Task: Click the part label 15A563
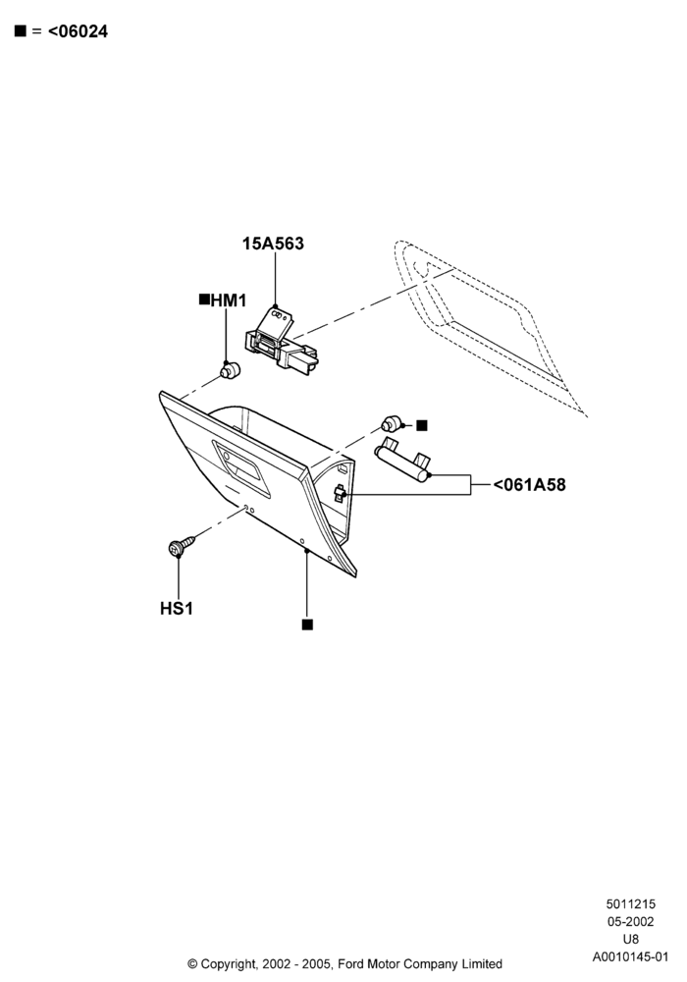click(x=273, y=244)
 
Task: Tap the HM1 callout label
click(x=229, y=300)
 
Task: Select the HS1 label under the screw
click(x=177, y=608)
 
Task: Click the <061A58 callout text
click(x=529, y=485)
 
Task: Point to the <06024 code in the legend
click(x=78, y=31)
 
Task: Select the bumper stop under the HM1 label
click(x=231, y=370)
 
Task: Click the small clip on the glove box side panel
click(x=340, y=494)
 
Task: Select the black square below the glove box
click(x=307, y=625)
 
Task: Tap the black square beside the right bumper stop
click(x=422, y=426)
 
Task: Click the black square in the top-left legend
click(x=21, y=30)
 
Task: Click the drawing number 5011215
click(x=631, y=903)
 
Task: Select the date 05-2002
click(x=631, y=922)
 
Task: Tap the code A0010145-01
click(x=631, y=956)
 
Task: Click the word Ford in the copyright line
click(x=349, y=964)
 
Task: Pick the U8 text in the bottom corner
click(x=631, y=940)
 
